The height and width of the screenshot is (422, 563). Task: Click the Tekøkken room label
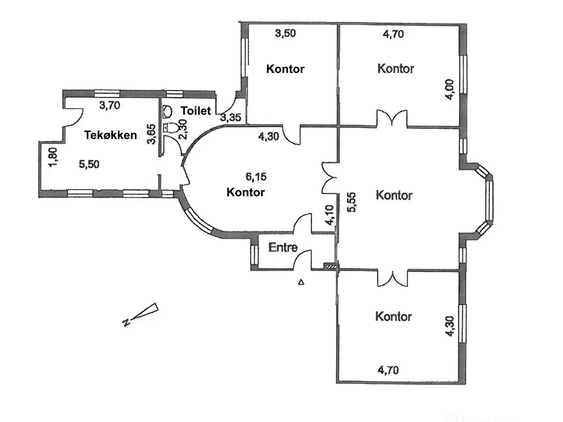click(110, 135)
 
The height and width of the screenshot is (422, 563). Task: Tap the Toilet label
click(196, 111)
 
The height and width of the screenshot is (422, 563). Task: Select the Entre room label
click(283, 247)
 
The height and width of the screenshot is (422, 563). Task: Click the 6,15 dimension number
click(256, 177)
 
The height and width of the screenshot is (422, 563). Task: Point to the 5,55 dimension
click(351, 203)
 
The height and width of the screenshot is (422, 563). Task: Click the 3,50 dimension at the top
click(285, 33)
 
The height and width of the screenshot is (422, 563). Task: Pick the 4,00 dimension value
click(449, 89)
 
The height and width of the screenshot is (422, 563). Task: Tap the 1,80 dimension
click(53, 157)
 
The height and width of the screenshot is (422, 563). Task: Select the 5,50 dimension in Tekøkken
click(89, 164)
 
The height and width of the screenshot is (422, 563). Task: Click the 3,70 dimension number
click(110, 105)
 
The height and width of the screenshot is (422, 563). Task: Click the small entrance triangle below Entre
click(301, 282)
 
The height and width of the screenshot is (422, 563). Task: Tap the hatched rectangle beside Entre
click(330, 266)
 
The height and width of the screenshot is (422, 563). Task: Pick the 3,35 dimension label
click(230, 117)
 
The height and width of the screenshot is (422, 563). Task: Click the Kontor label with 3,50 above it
click(285, 69)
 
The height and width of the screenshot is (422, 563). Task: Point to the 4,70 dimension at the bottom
click(388, 370)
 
